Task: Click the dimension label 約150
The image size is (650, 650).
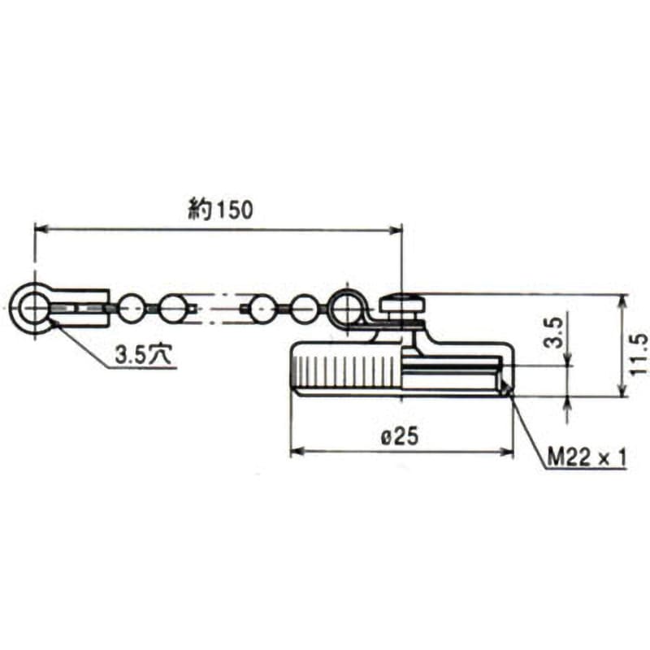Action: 220,210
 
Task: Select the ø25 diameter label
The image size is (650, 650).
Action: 400,436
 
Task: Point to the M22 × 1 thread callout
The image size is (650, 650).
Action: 586,457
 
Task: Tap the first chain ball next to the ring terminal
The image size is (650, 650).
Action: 132,308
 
